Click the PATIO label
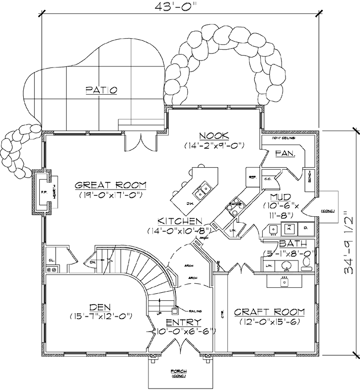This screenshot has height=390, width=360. [x=101, y=90]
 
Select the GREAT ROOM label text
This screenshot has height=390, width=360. [x=111, y=185]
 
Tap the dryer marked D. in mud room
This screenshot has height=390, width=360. [x=305, y=228]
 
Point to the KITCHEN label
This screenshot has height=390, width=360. [x=180, y=221]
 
